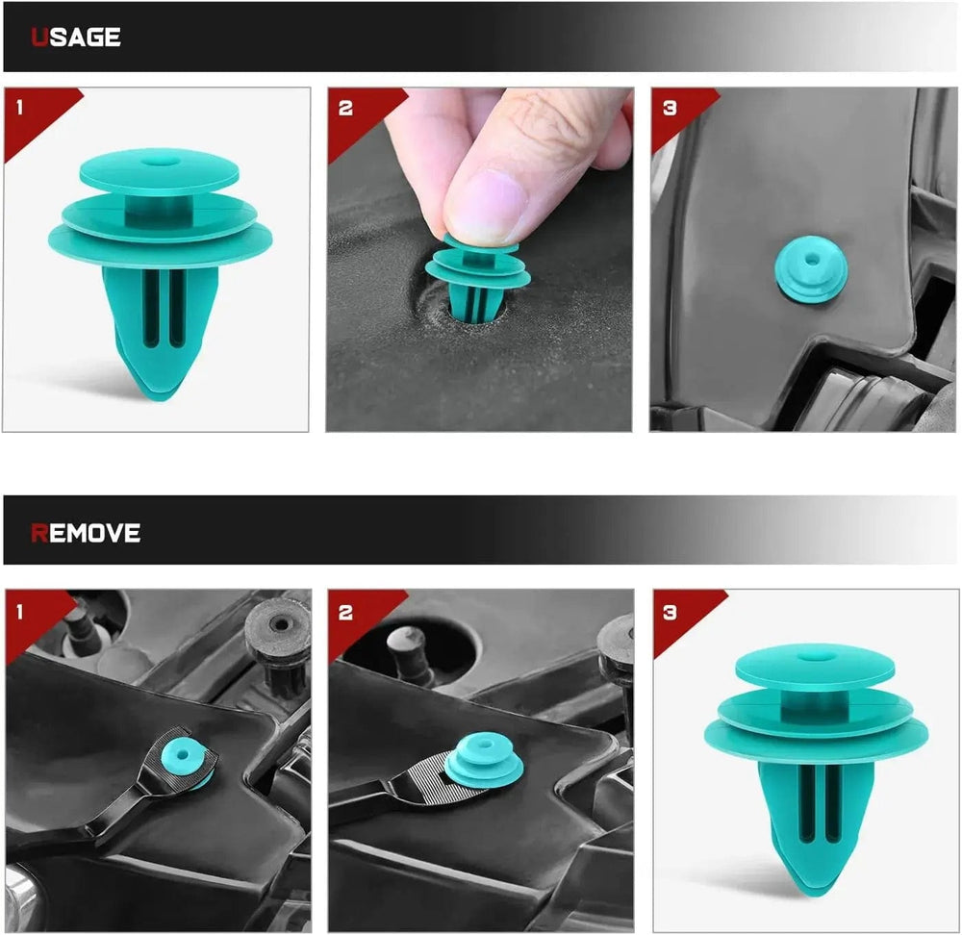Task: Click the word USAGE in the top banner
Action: pyautogui.click(x=76, y=38)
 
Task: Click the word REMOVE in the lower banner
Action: pyautogui.click(x=86, y=533)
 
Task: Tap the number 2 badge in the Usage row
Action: pyautogui.click(x=345, y=107)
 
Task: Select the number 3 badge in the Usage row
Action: pyautogui.click(x=670, y=107)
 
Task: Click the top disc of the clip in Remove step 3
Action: pyautogui.click(x=814, y=665)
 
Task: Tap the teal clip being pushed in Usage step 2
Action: pyautogui.click(x=476, y=279)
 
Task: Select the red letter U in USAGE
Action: pyautogui.click(x=39, y=38)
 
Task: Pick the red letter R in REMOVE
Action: pyautogui.click(x=39, y=533)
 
